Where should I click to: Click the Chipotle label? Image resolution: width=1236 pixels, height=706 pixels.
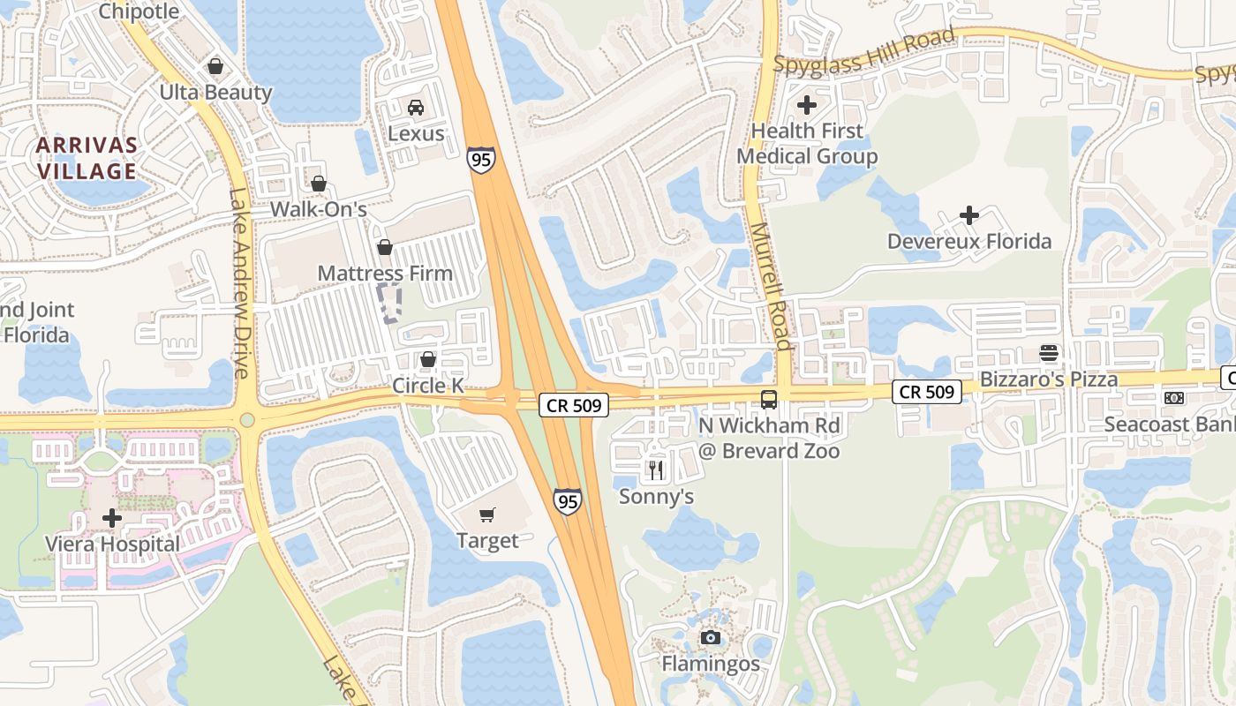click(139, 11)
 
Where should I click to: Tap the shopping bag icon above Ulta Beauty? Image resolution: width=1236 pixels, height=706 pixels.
click(215, 66)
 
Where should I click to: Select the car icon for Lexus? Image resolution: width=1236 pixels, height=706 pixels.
click(416, 108)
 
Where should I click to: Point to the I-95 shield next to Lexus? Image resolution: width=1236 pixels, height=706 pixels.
click(481, 160)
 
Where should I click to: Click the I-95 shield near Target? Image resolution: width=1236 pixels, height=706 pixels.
click(568, 501)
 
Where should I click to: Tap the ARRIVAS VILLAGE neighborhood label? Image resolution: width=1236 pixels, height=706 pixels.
click(87, 158)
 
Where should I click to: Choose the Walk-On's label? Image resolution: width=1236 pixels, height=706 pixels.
click(318, 209)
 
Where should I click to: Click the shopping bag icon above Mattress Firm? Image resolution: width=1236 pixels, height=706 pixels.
click(384, 248)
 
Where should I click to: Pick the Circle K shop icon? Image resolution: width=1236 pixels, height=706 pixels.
click(428, 359)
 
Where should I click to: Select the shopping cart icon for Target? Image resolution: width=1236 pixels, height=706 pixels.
click(487, 514)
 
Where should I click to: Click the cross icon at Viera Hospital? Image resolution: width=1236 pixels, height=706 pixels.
click(112, 518)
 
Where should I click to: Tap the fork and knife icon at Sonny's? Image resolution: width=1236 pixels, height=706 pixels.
click(655, 469)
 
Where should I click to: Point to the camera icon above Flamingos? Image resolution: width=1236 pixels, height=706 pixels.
click(711, 637)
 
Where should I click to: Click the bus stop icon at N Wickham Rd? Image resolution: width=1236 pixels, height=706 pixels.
click(769, 399)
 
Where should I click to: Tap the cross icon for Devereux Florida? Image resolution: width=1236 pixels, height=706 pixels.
click(969, 214)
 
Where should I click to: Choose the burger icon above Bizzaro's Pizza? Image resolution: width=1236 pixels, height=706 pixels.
click(1049, 353)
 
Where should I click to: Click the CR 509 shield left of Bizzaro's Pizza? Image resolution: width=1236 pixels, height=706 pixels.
click(926, 391)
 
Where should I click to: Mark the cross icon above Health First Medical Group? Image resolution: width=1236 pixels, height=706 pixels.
click(806, 105)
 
